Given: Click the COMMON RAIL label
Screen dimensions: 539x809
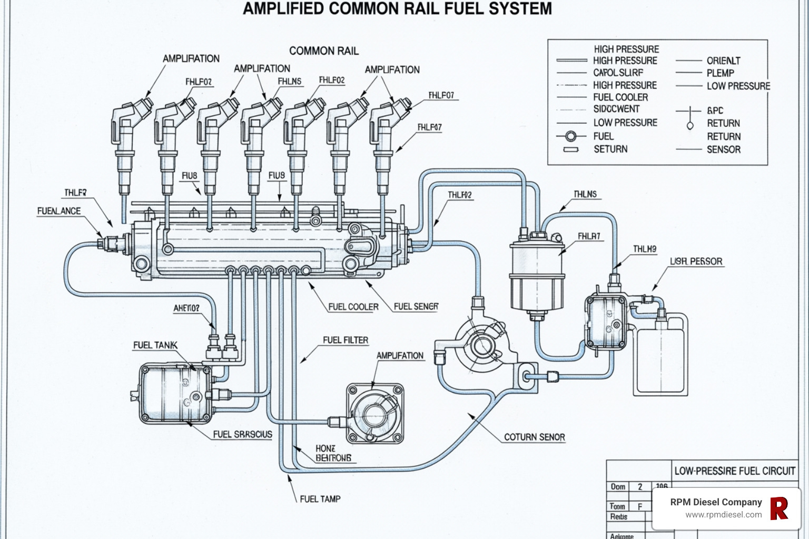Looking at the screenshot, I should [x=323, y=51].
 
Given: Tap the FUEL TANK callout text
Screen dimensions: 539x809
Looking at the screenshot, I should [x=155, y=345].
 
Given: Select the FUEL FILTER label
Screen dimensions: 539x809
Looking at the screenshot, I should [x=345, y=340].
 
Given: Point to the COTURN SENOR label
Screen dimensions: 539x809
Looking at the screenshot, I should [x=534, y=437].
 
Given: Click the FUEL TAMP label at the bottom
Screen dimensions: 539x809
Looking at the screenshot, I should [x=320, y=498].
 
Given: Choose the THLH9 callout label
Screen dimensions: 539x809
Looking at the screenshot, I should [x=644, y=249].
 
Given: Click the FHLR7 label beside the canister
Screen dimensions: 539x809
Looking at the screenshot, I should [x=588, y=236].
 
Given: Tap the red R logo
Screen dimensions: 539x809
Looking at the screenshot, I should [x=779, y=508].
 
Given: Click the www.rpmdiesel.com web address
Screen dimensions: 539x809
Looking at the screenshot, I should [x=723, y=515].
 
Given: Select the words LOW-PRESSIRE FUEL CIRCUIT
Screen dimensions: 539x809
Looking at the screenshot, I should [x=734, y=471].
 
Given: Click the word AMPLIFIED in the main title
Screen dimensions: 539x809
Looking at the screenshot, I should [x=284, y=9].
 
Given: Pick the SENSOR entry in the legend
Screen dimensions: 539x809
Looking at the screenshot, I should [x=723, y=149].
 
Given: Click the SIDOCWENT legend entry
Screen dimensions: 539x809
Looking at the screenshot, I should [x=616, y=109].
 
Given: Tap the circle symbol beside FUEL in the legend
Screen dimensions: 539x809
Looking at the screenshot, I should [x=570, y=136].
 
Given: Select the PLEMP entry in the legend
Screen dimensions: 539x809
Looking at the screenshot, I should [x=720, y=73].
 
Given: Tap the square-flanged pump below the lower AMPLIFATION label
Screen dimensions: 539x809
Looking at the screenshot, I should [x=374, y=413].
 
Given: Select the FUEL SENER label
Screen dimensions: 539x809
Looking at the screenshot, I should [x=416, y=306].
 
